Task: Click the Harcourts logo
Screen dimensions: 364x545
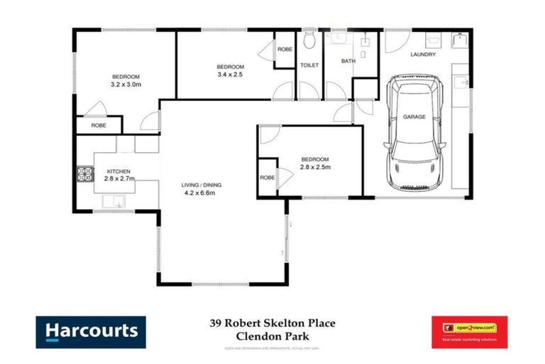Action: tap(91, 332)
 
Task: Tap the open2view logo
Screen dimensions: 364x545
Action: tap(469, 332)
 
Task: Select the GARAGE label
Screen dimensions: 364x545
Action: tap(414, 117)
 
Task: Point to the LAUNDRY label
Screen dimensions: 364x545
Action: tap(423, 55)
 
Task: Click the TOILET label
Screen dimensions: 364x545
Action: tap(309, 65)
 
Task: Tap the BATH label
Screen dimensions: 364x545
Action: tap(348, 61)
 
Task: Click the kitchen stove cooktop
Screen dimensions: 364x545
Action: tap(87, 173)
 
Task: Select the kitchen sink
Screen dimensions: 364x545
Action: tap(114, 202)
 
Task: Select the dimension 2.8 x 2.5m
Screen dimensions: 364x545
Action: tap(315, 167)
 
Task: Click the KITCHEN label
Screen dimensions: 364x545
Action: tap(119, 171)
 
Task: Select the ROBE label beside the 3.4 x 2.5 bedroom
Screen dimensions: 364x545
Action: tap(285, 49)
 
